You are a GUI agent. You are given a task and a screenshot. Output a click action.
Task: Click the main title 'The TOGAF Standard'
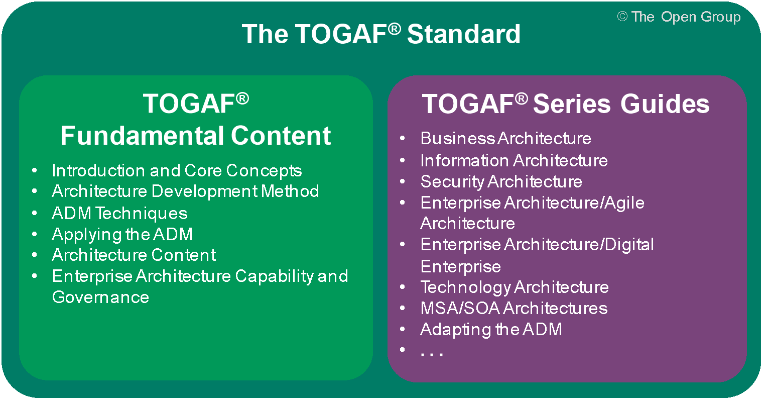381,34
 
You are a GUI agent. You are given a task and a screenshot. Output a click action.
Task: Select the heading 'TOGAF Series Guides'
566,104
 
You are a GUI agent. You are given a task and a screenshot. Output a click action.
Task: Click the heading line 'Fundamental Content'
195,136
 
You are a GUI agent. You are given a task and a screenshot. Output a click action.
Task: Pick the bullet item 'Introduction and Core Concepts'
177,170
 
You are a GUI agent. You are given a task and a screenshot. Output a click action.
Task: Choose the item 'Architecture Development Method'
185,191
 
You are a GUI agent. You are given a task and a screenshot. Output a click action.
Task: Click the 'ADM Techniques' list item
119,213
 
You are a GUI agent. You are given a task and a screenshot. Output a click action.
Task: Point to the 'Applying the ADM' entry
122,234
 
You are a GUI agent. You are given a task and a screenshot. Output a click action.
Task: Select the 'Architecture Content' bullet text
134,255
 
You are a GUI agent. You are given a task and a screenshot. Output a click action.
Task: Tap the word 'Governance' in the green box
100,297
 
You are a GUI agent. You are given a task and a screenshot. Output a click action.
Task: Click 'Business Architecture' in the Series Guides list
505,138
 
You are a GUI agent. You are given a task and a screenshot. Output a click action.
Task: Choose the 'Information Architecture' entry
514,160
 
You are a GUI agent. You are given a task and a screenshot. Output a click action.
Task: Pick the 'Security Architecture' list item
501,181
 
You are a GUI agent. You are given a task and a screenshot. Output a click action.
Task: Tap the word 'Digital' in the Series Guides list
629,245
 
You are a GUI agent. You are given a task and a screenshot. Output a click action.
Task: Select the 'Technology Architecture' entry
515,287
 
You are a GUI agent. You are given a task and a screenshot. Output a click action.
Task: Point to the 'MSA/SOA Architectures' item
514,308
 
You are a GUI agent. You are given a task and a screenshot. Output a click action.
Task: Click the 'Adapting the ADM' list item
491,329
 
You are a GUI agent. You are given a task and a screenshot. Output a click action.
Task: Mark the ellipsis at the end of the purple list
431,353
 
